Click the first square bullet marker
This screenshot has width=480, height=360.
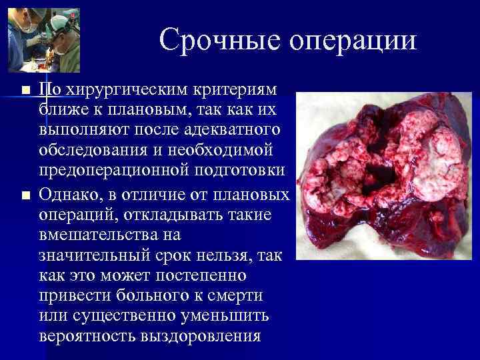pos(25,90)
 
